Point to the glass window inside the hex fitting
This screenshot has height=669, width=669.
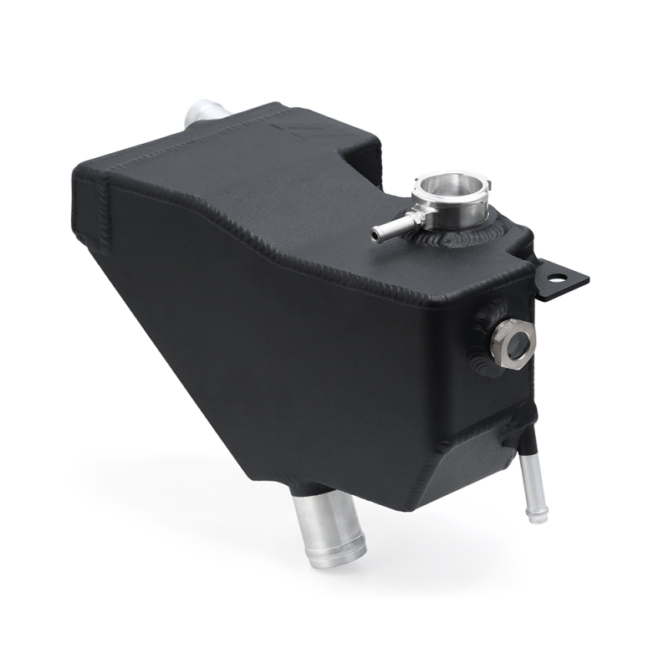513,341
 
